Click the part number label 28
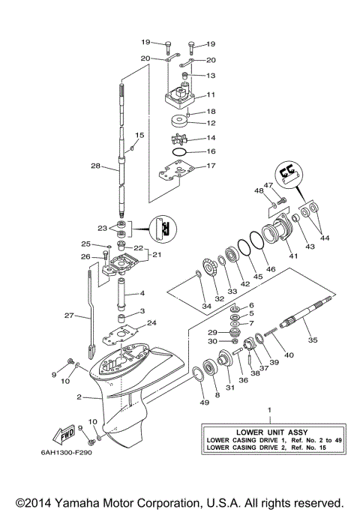pyautogui.click(x=95, y=166)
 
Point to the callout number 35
pyautogui.click(x=313, y=340)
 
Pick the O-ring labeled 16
pyautogui.click(x=181, y=152)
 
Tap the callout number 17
pyautogui.click(x=211, y=166)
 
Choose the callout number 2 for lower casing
pyautogui.click(x=78, y=397)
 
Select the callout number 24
pyautogui.click(x=152, y=324)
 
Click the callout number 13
pyautogui.click(x=211, y=76)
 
